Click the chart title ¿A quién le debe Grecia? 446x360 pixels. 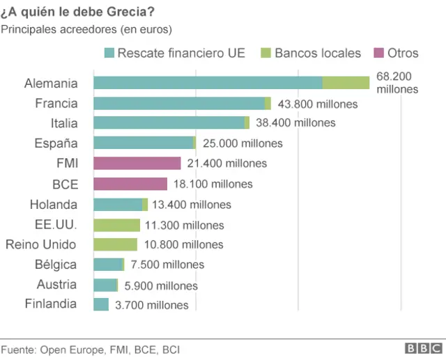pyautogui.click(x=78, y=13)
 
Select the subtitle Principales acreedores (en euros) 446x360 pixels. pyautogui.click(x=86, y=29)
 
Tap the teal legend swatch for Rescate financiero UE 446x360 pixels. pyautogui.click(x=108, y=53)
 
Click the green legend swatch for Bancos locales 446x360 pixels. pyautogui.click(x=265, y=53)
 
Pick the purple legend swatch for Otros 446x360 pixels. pyautogui.click(x=379, y=53)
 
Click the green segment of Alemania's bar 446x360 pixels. pyautogui.click(x=346, y=83)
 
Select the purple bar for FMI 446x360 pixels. pyautogui.click(x=137, y=163)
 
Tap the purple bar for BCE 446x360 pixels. pyautogui.click(x=130, y=183)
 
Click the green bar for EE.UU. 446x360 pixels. pyautogui.click(x=116, y=225)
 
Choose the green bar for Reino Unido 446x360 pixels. pyautogui.click(x=115, y=244)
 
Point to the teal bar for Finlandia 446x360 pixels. pyautogui.click(x=100, y=304)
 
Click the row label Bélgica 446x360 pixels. pyautogui.click(x=56, y=265)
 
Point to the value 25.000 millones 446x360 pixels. pyautogui.click(x=242, y=143)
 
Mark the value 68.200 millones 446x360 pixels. pyautogui.click(x=397, y=83)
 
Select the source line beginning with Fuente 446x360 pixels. pyautogui.click(x=90, y=349)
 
